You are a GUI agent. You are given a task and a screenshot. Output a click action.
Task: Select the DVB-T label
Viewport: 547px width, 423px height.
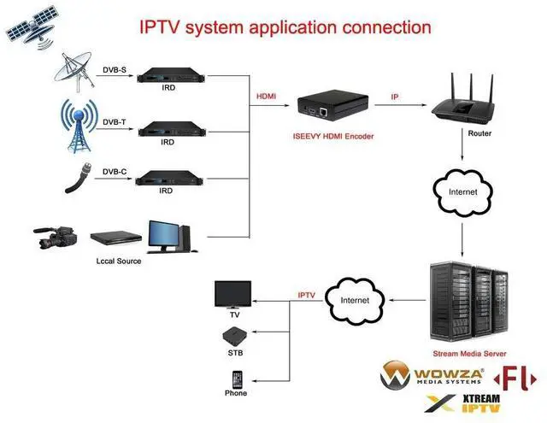[115, 122]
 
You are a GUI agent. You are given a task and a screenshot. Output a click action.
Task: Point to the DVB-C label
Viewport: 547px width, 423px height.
[115, 171]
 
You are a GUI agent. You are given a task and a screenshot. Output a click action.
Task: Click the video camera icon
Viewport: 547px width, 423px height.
[56, 238]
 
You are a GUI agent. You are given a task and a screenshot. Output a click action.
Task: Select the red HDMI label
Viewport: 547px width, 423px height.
[266, 97]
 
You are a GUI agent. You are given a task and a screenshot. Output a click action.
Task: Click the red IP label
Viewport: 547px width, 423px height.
[394, 97]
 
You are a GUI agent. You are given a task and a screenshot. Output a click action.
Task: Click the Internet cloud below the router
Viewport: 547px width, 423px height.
[463, 191]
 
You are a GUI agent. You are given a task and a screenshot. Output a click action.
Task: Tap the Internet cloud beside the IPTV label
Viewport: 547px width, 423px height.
[355, 300]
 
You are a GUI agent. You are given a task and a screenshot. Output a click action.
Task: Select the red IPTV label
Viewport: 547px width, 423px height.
[306, 295]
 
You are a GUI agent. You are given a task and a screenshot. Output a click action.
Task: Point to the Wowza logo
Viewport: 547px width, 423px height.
[433, 375]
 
